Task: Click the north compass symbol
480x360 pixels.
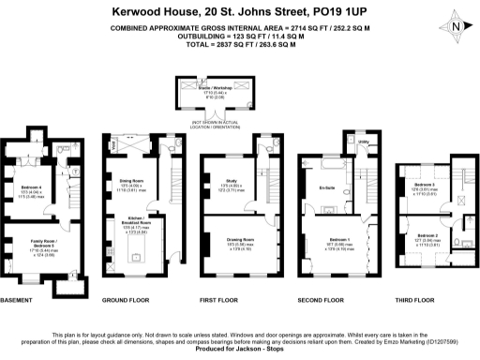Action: (456, 27)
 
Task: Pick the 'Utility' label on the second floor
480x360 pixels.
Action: (362, 142)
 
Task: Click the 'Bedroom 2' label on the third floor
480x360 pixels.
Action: (427, 234)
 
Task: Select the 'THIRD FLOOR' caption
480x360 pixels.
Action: (416, 300)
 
